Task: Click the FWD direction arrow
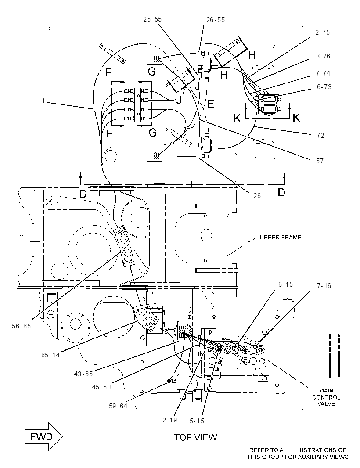43,437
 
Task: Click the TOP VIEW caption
195,437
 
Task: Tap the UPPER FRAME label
280,237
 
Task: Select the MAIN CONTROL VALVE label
326,397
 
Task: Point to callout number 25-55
152,19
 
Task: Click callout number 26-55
216,20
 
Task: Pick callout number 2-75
322,32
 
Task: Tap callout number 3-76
323,56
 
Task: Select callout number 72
320,136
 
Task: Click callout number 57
320,161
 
